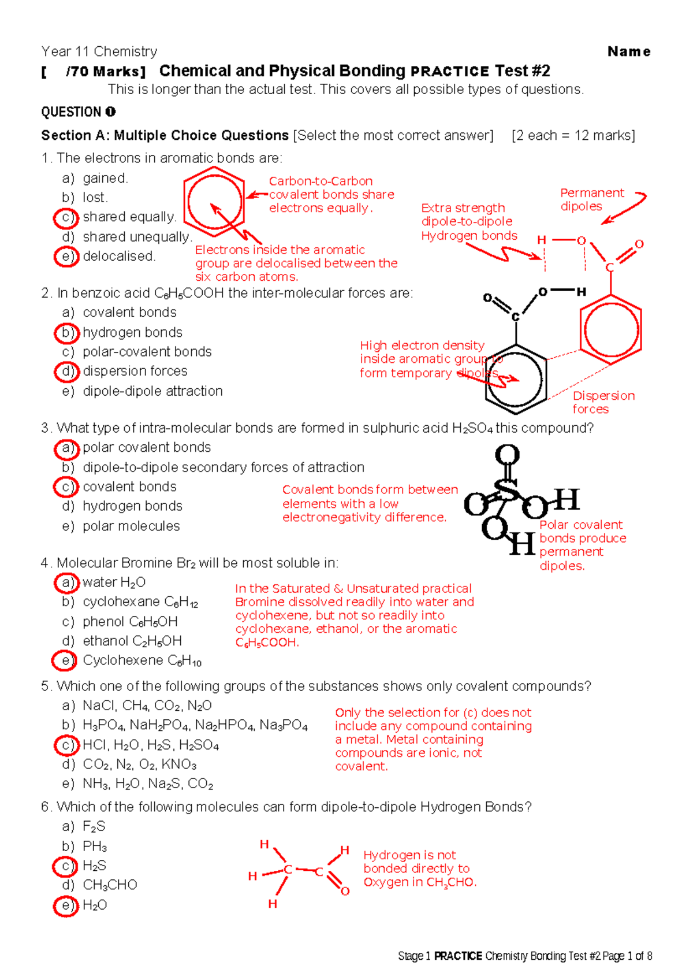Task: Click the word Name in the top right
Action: tap(629, 51)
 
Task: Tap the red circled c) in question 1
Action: tap(66, 218)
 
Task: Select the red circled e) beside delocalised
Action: tap(66, 257)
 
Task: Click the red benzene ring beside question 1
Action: tap(214, 203)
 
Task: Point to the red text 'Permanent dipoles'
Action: tap(591, 199)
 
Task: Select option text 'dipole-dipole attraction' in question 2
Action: tap(152, 391)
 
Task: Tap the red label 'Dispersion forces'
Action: tap(603, 402)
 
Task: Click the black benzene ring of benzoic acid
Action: tap(515, 380)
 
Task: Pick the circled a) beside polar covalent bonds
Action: tap(66, 448)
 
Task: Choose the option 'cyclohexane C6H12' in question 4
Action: tap(140, 602)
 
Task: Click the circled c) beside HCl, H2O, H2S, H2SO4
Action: tap(66, 745)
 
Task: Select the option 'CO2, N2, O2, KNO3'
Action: tap(139, 764)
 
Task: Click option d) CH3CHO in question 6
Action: tap(110, 885)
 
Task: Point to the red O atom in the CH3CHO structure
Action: tap(345, 891)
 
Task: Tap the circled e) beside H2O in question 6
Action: tap(66, 905)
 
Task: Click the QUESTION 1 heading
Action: tap(78, 112)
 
